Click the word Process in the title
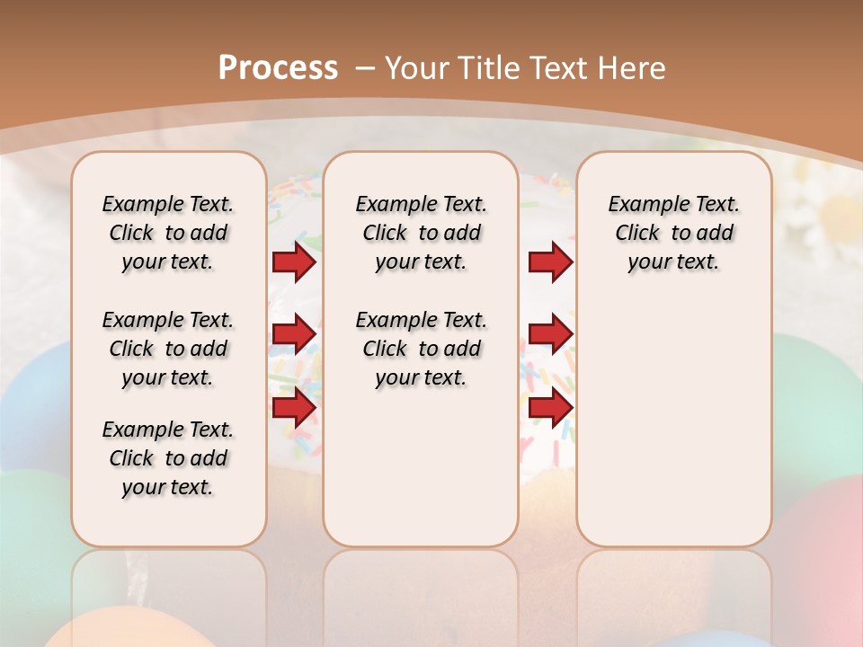[278, 68]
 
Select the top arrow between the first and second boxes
[294, 261]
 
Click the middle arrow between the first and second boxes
[294, 334]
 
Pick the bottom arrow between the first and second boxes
[294, 408]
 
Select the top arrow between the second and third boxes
[550, 261]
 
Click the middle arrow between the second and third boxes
[550, 334]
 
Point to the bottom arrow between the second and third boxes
[550, 408]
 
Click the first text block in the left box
[168, 233]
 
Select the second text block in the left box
[168, 349]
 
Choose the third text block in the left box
[168, 458]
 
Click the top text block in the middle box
[421, 233]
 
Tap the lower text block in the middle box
[421, 349]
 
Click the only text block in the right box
[673, 233]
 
